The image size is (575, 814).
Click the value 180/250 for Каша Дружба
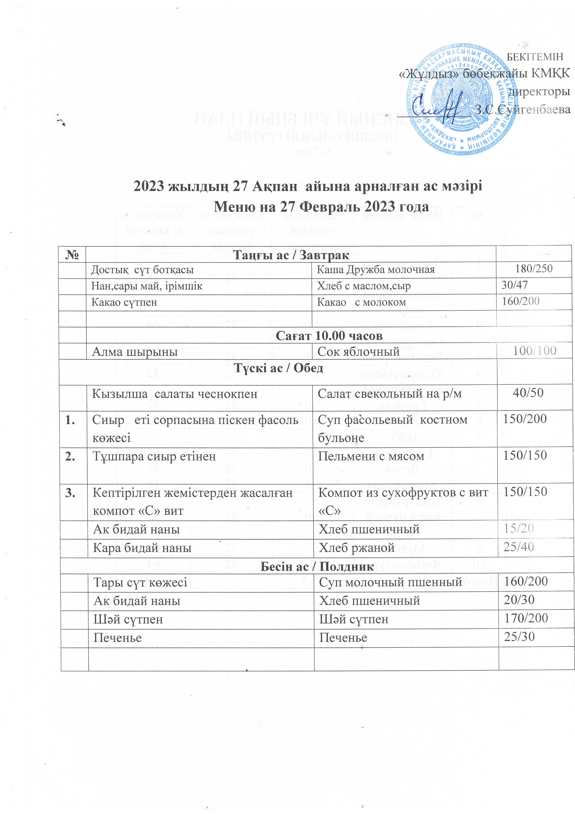pos(533,268)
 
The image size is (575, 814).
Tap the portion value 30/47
pos(514,285)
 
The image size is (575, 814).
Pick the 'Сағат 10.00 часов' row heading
pos(329,335)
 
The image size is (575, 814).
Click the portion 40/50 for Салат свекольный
pos(528,393)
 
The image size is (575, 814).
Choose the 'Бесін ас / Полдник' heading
pos(317,566)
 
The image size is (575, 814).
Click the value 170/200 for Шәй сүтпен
pos(526,618)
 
